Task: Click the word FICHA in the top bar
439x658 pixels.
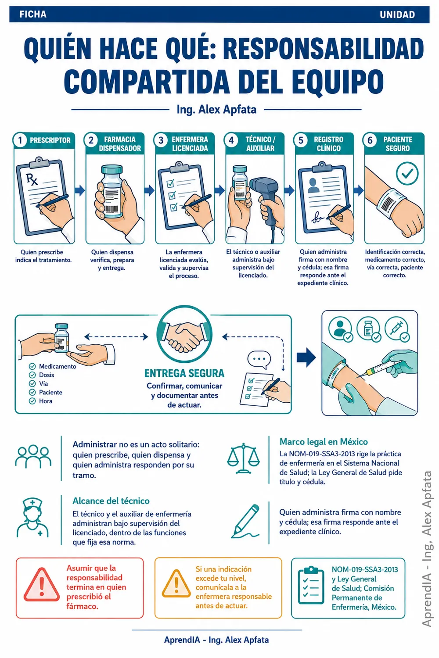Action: coord(33,14)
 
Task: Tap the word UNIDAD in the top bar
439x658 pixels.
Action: coord(397,14)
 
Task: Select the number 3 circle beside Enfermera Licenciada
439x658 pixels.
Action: coord(161,140)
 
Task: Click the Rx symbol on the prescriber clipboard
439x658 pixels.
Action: coord(32,179)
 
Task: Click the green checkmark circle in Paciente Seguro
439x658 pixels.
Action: coord(407,173)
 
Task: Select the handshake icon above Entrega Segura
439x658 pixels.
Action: coord(184,335)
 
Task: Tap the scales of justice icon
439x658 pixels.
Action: coord(244,458)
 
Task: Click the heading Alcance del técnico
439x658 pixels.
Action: coord(111,501)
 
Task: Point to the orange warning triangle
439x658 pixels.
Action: coord(176,584)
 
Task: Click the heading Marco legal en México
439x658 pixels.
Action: coord(324,442)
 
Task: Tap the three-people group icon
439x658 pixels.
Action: coord(33,456)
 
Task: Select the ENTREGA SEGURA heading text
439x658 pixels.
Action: coord(184,373)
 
